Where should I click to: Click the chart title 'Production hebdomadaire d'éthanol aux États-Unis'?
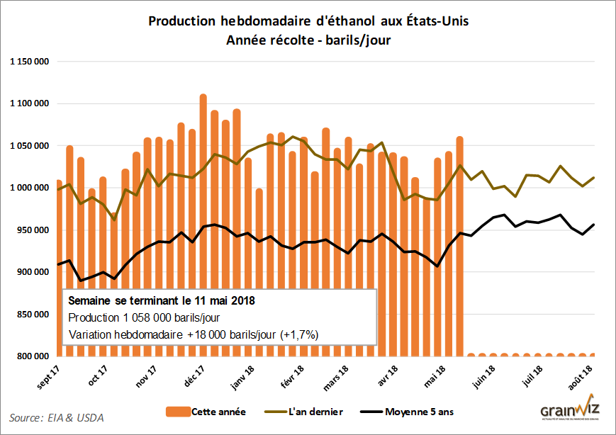(308, 21)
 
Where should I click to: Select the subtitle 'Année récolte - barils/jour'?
(308, 40)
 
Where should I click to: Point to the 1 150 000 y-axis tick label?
(29, 62)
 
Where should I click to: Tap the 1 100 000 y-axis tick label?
(29, 104)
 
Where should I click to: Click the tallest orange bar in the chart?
(203, 213)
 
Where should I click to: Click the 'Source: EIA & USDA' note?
(57, 417)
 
